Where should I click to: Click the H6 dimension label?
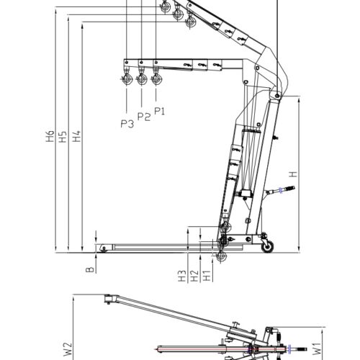pyautogui.click(x=50, y=137)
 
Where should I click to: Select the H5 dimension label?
pyautogui.click(x=63, y=137)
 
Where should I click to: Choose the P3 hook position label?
pyautogui.click(x=127, y=123)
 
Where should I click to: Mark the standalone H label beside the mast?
pyautogui.click(x=292, y=174)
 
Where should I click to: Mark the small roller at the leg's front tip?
pyautogui.click(x=103, y=248)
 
